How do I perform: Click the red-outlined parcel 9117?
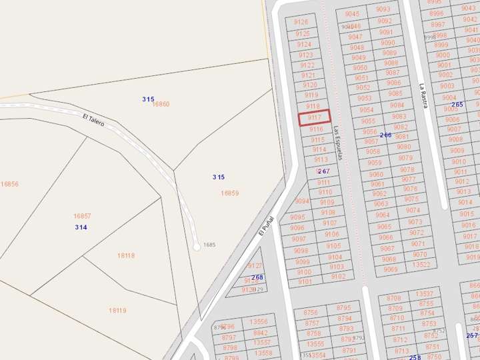(314, 117)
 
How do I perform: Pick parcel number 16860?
(161, 104)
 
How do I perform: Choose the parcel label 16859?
(230, 193)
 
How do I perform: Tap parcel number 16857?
(82, 216)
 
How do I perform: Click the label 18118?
(126, 255)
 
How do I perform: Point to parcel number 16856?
(9, 184)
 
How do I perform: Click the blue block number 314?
(81, 228)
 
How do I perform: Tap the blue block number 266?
(385, 135)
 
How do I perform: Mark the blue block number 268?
(257, 277)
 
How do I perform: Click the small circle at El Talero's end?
(197, 247)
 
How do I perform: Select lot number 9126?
(301, 22)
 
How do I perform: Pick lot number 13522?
(421, 265)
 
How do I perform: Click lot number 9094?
(302, 201)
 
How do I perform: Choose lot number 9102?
(338, 276)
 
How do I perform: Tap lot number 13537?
(425, 294)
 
